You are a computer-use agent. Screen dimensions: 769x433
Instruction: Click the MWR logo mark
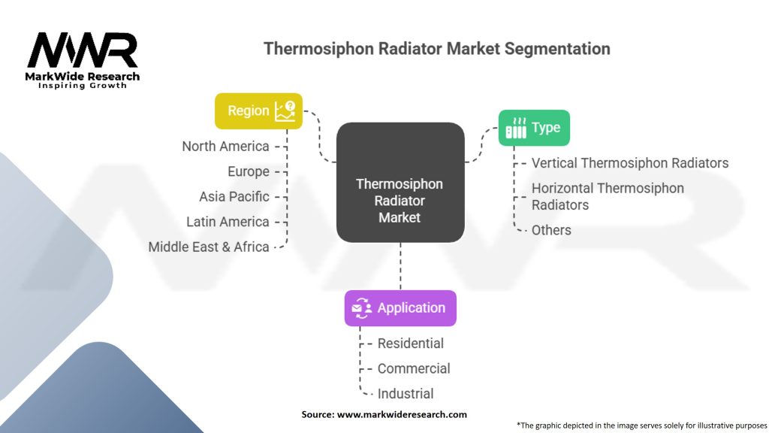(x=83, y=50)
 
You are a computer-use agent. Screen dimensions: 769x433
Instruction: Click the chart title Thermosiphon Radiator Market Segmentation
(x=436, y=49)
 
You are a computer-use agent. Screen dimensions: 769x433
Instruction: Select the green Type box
(x=534, y=128)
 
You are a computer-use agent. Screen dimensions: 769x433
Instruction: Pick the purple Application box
(x=400, y=307)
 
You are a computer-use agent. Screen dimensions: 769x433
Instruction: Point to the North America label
(x=225, y=146)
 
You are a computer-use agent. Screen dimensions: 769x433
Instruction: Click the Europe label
(x=248, y=171)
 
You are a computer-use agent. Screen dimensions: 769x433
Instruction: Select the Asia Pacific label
(x=234, y=196)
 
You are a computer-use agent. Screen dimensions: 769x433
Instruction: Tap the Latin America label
(x=228, y=222)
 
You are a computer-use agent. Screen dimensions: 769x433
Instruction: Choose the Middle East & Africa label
(x=209, y=247)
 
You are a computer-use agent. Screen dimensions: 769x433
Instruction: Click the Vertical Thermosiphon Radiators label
(x=629, y=162)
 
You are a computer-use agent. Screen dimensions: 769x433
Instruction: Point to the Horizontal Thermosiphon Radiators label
(x=607, y=196)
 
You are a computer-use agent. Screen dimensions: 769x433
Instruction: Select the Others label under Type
(x=551, y=230)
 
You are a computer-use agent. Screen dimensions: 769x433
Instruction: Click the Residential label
(x=410, y=344)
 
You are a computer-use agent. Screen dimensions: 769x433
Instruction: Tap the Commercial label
(x=414, y=368)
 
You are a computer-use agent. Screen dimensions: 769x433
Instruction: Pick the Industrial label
(x=406, y=393)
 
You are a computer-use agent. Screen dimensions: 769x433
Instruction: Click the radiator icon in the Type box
(x=515, y=129)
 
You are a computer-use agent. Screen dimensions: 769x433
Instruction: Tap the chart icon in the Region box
(x=285, y=111)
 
